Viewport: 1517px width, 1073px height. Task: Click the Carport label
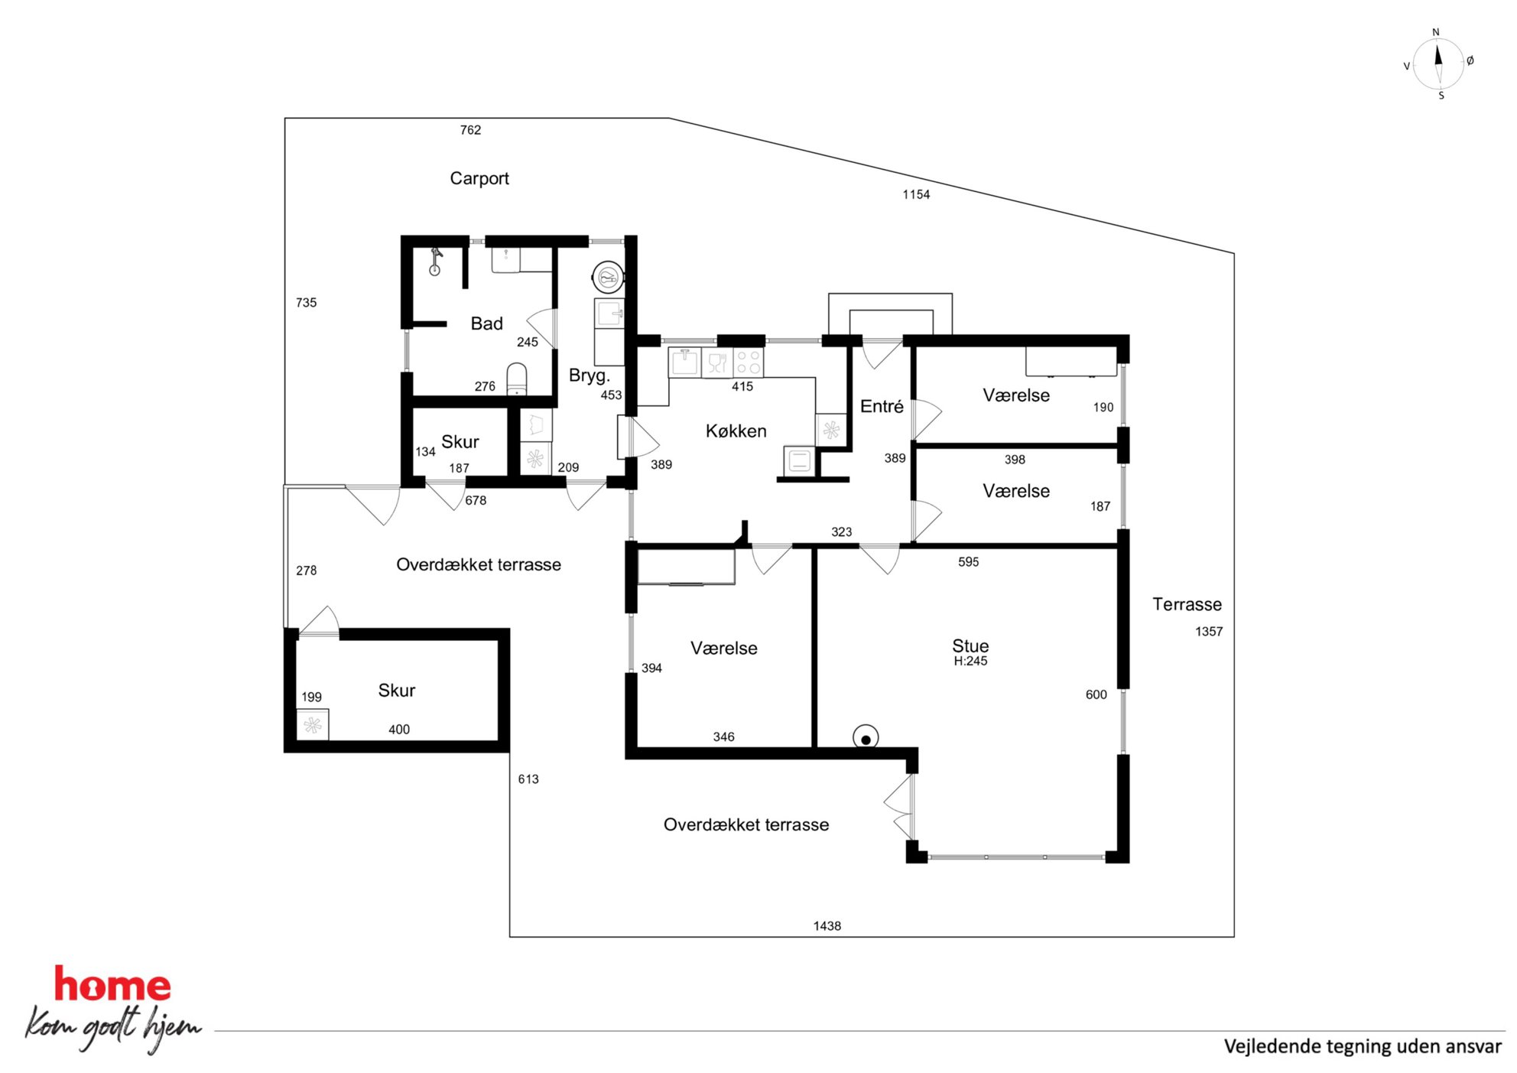point(479,178)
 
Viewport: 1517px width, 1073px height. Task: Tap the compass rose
point(1438,63)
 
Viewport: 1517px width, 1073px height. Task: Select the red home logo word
point(112,985)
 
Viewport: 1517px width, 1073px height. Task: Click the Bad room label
point(486,324)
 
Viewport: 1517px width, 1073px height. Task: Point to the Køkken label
point(736,431)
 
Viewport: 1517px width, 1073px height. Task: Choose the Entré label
point(882,406)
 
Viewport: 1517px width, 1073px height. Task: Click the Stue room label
point(970,646)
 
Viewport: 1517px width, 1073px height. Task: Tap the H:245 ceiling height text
point(970,662)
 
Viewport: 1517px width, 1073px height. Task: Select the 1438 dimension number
point(827,926)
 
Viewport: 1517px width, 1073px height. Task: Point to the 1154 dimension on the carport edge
point(916,195)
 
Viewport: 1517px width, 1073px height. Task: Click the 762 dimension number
point(470,130)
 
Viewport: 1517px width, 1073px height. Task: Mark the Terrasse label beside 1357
point(1187,604)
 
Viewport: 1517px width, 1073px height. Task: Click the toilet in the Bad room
point(517,379)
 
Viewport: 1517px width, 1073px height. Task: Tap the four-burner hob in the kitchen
point(748,363)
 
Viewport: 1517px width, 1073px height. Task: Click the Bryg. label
point(589,376)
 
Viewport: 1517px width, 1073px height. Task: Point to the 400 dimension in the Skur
point(399,730)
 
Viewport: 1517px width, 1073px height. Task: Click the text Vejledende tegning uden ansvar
point(1363,1047)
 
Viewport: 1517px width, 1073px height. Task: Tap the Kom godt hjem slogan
point(114,1028)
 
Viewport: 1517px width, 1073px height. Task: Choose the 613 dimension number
point(528,779)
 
